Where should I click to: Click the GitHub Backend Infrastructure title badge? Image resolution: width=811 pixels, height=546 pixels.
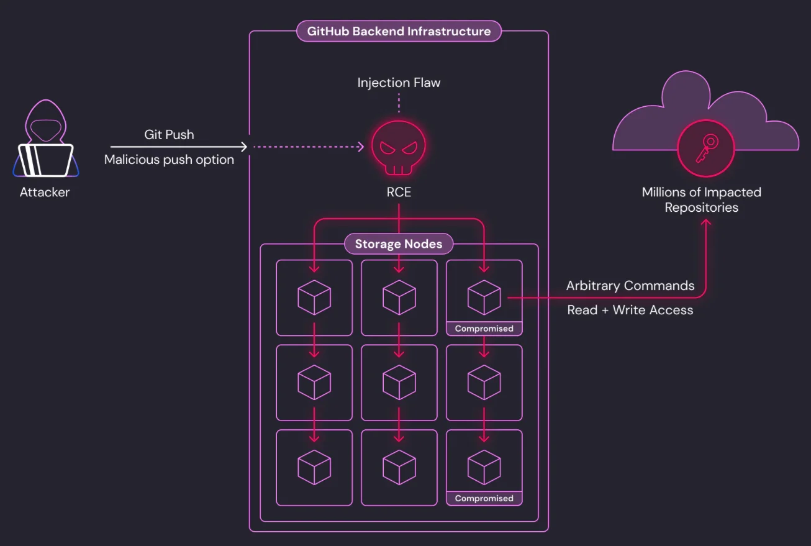point(399,31)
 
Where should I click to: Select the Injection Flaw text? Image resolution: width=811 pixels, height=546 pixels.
point(399,83)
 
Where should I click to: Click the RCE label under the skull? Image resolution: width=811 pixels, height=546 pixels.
point(399,193)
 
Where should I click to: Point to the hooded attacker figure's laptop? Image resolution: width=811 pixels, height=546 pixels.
point(45,160)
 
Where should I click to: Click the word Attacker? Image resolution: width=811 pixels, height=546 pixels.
point(45,193)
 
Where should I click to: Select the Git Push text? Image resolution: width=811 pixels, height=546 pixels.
point(169,134)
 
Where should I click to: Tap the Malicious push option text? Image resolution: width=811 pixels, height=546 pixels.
point(169,160)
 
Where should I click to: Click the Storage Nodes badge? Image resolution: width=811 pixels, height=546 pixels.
point(399,244)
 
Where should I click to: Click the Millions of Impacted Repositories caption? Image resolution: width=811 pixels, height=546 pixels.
point(702,200)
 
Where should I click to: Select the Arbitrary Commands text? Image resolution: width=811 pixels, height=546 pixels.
point(630,286)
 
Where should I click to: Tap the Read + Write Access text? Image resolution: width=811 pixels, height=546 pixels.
point(630,310)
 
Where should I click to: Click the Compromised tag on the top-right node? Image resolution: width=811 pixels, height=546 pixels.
point(484,329)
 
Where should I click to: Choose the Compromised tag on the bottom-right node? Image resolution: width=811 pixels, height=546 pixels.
point(484,498)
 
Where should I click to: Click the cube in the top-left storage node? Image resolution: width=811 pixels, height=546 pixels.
point(314,298)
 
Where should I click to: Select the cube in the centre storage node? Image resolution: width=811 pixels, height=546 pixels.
point(399,383)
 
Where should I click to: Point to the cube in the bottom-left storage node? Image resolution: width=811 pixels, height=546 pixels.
point(314,467)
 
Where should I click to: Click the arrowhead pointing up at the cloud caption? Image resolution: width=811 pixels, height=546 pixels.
point(706,222)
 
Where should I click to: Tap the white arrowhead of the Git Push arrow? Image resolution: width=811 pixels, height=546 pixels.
point(244,147)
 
